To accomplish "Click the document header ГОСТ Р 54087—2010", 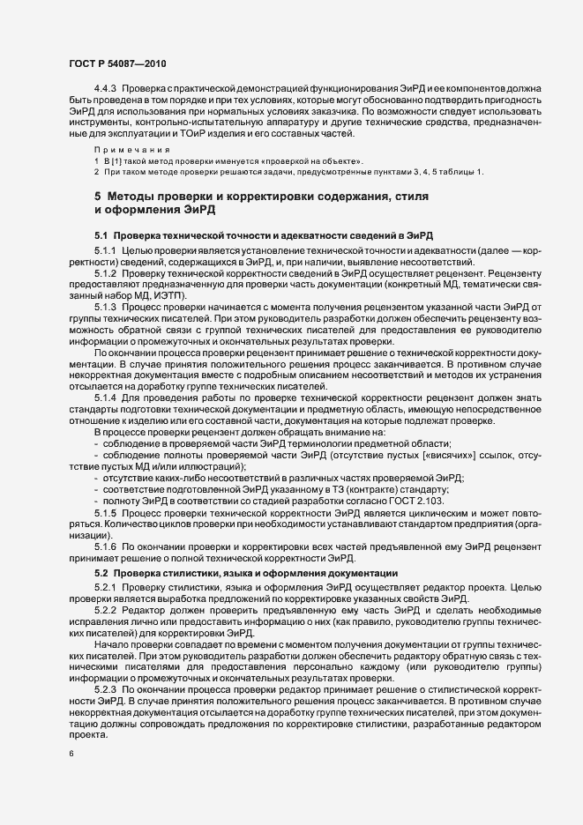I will tap(116, 63).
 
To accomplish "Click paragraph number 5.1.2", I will tap(107, 273).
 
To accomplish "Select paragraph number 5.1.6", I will tap(107, 547).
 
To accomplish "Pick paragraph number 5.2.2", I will tap(107, 610).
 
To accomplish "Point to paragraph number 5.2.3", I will tap(107, 690).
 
